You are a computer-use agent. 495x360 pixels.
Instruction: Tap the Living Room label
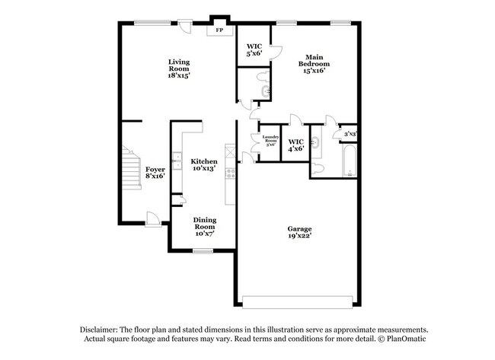coord(179,68)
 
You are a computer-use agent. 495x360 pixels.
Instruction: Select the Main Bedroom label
coord(316,64)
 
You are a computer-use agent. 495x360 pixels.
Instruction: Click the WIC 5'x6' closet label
coord(254,51)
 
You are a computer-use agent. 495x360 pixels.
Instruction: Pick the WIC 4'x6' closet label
coord(296,145)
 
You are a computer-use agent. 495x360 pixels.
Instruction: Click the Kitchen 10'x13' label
coord(204,164)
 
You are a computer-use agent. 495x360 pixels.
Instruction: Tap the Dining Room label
coord(204,227)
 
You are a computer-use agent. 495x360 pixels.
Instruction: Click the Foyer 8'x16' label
coord(155,172)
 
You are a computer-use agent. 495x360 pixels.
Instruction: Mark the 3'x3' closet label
coord(350,135)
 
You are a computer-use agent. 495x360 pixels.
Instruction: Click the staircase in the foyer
coord(128,180)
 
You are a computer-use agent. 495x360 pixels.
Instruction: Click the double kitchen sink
coord(177,160)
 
